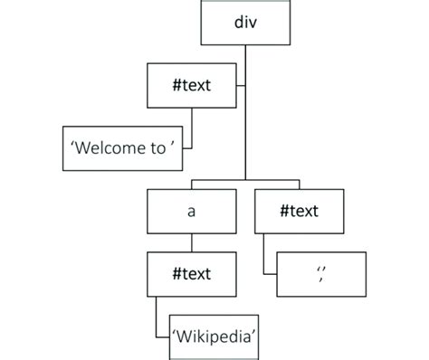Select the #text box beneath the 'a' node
pyautogui.click(x=191, y=271)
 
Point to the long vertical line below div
pyautogui.click(x=245, y=136)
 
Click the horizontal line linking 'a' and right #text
pyautogui.click(x=244, y=181)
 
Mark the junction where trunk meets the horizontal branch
pyautogui.click(x=245, y=181)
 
